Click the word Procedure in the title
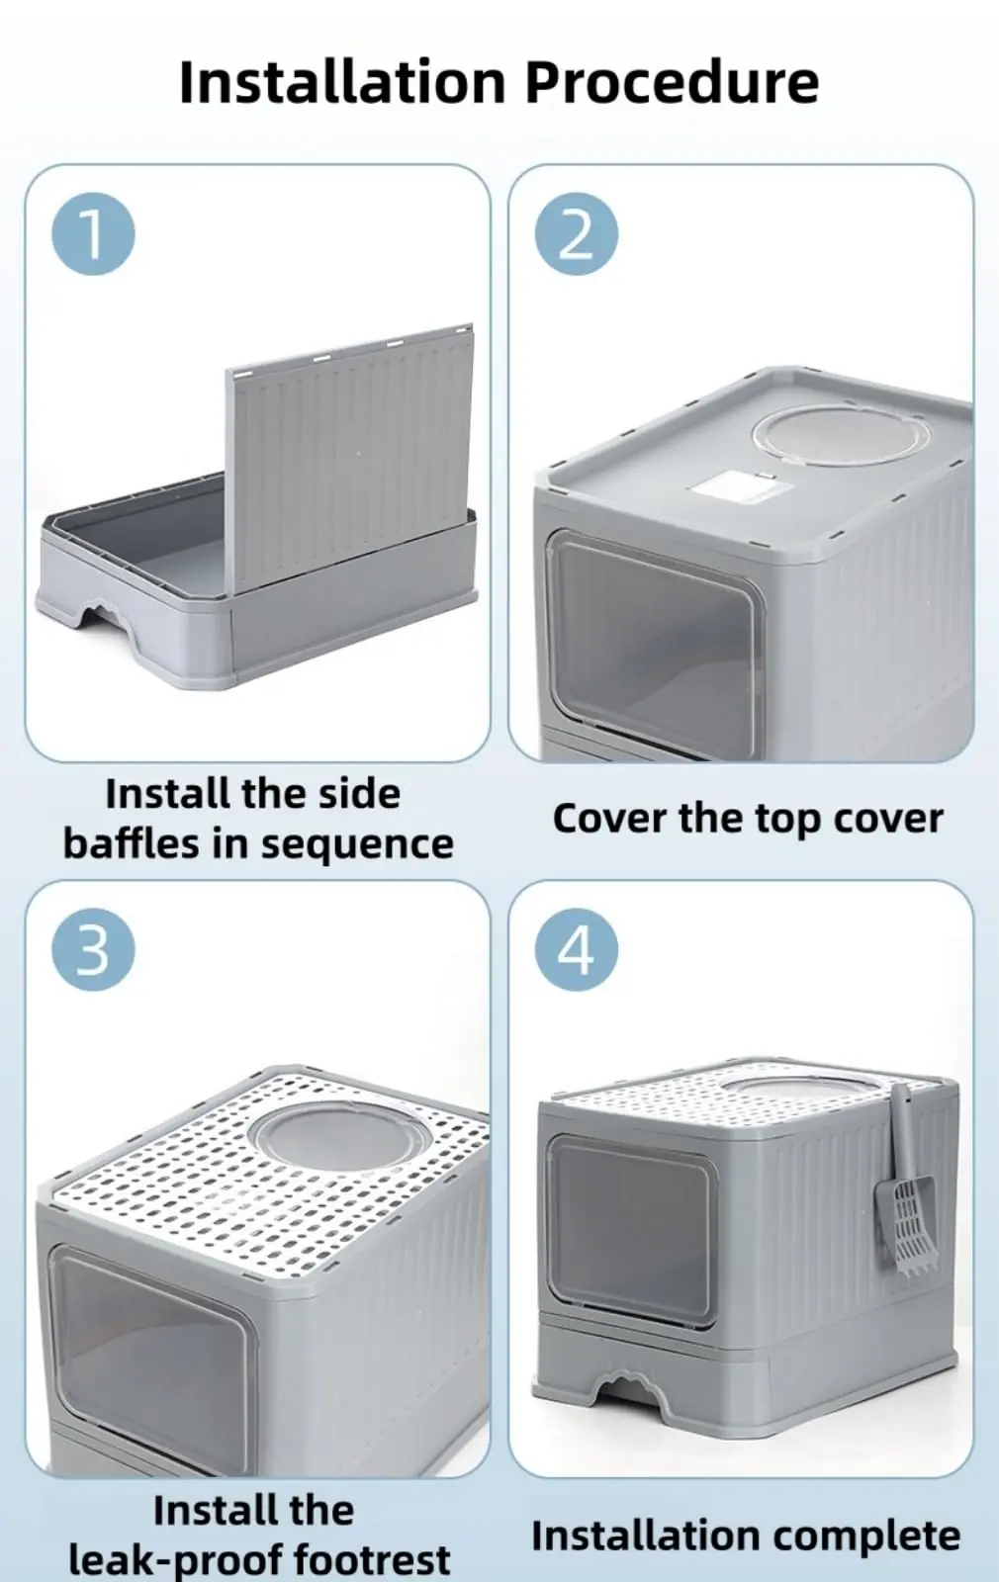(672, 83)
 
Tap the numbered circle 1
(93, 233)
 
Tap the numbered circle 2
(576, 233)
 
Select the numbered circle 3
(93, 949)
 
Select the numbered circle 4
(576, 949)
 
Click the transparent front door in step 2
(654, 643)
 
